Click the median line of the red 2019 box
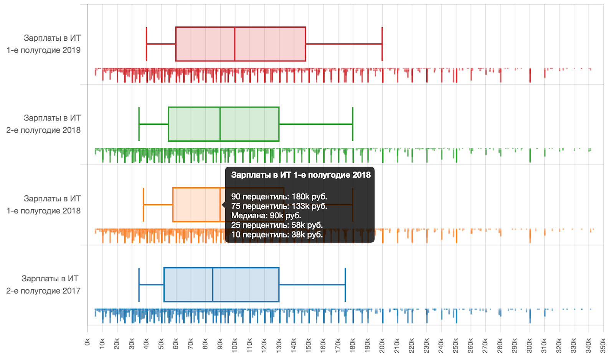click(235, 44)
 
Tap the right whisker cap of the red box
click(382, 44)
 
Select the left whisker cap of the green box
click(139, 124)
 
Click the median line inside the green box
click(220, 124)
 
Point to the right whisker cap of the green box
click(353, 124)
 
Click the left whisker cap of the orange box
click(144, 205)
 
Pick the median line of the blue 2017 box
click(213, 284)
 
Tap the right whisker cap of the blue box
click(345, 284)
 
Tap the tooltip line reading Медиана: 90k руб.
click(266, 216)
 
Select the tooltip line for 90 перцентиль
click(279, 197)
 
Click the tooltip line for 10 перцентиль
click(277, 234)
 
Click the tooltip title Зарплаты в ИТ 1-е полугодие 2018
click(301, 175)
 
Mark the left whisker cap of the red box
click(147, 44)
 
